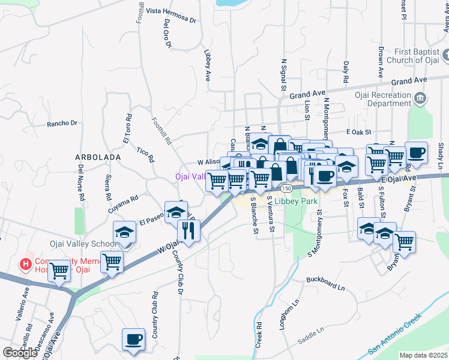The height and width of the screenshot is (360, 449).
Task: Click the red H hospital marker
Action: [25, 263]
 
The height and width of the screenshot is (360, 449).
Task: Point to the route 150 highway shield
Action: [288, 188]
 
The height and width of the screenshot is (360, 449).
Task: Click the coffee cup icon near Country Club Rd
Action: [133, 338]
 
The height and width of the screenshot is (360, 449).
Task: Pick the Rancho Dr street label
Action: [62, 124]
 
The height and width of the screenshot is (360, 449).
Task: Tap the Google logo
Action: [20, 352]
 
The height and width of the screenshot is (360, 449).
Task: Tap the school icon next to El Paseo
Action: [176, 214]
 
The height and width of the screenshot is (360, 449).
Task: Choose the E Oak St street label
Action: [359, 132]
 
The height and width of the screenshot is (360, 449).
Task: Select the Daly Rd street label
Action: [346, 71]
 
